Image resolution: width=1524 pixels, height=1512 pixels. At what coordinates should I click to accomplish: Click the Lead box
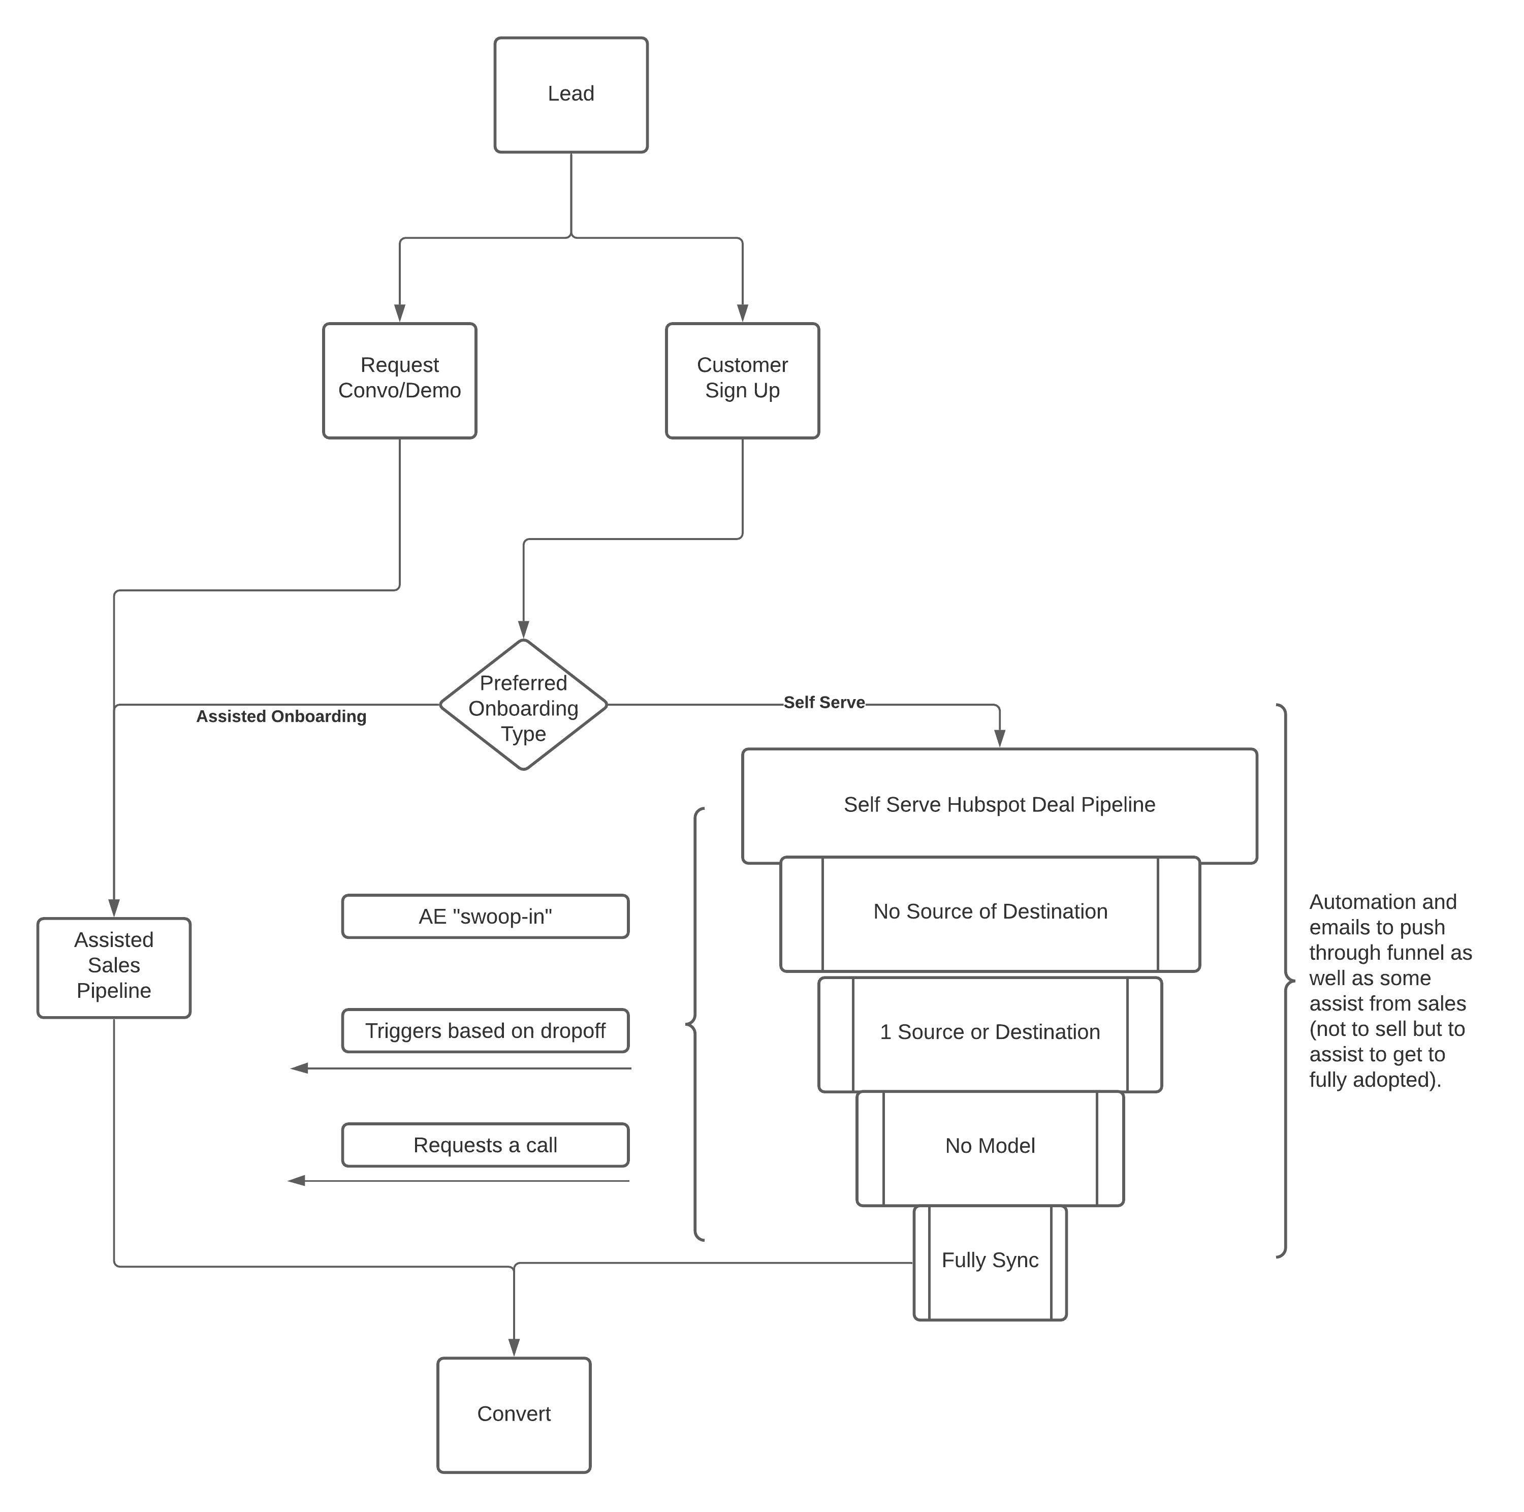pos(570,94)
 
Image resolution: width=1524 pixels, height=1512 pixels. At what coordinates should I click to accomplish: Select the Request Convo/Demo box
pos(399,380)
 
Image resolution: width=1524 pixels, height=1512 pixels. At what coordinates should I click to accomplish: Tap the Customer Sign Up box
pos(742,380)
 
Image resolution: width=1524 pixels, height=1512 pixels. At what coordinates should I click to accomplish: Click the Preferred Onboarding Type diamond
pos(523,704)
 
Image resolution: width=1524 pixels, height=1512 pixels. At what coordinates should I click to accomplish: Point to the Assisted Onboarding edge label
pos(281,716)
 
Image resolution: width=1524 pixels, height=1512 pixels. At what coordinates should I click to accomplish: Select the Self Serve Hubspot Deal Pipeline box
pos(999,804)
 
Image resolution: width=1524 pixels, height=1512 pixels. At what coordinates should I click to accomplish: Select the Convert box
pos(514,1414)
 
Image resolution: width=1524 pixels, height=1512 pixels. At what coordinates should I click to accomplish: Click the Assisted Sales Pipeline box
pos(114,966)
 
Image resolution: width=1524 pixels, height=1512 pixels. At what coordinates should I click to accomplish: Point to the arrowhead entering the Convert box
pos(514,1347)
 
